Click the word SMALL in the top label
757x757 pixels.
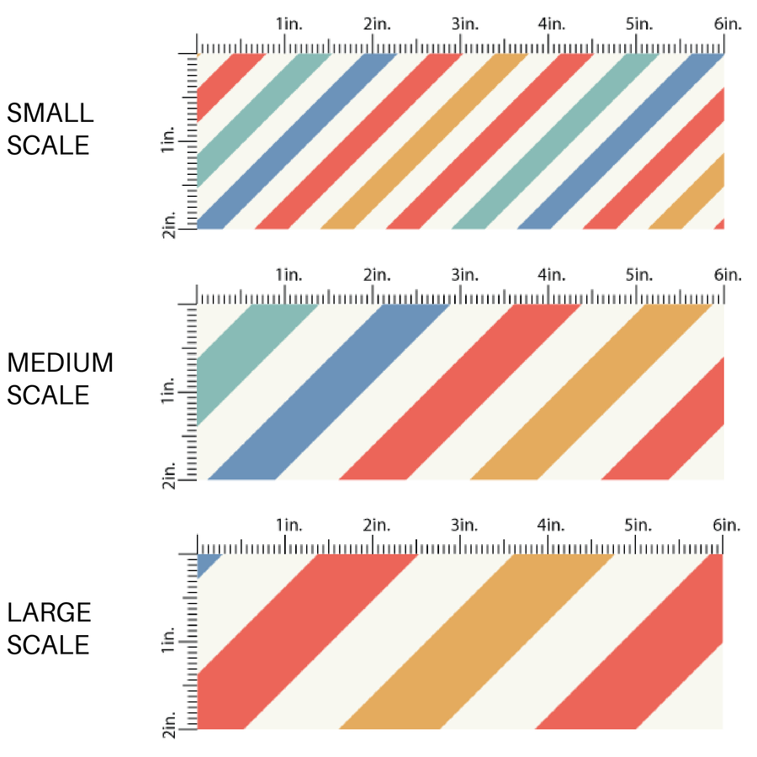pyautogui.click(x=50, y=114)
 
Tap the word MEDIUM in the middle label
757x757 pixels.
pyautogui.click(x=60, y=363)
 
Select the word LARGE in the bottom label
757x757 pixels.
pyautogui.click(x=48, y=612)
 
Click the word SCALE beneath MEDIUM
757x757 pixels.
pyautogui.click(x=48, y=394)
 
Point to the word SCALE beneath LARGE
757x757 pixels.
pyautogui.click(x=48, y=644)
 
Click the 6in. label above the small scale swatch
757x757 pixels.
pyautogui.click(x=728, y=24)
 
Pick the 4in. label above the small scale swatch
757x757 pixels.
pyautogui.click(x=552, y=24)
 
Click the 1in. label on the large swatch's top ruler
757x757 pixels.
pyautogui.click(x=289, y=526)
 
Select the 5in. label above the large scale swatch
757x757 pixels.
pyautogui.click(x=640, y=526)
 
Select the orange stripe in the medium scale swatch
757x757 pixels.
pyautogui.click(x=589, y=395)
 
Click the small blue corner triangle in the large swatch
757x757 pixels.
pyautogui.click(x=205, y=562)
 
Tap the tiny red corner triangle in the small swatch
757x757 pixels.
pyautogui.click(x=720, y=225)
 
